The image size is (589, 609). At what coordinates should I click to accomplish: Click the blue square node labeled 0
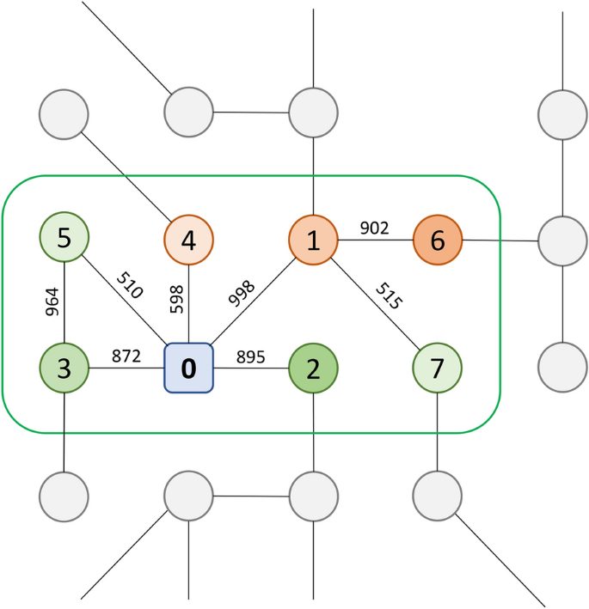[x=188, y=368]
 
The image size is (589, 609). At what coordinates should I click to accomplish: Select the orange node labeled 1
[x=313, y=240]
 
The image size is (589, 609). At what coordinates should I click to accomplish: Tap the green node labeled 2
[x=313, y=368]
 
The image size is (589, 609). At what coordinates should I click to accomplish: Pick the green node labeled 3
[x=64, y=368]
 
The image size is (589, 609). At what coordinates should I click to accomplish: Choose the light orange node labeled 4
[x=188, y=240]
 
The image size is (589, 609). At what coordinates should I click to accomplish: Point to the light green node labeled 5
[x=64, y=237]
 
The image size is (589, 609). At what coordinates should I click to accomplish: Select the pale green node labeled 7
[x=438, y=368]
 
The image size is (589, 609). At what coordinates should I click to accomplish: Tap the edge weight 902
[x=374, y=228]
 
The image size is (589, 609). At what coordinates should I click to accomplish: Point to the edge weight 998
[x=242, y=294]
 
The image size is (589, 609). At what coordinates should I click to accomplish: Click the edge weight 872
[x=126, y=356]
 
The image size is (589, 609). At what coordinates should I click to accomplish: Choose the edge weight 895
[x=251, y=356]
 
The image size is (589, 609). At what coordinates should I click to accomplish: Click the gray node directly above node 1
[x=313, y=112]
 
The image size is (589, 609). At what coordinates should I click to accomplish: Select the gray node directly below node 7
[x=438, y=496]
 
